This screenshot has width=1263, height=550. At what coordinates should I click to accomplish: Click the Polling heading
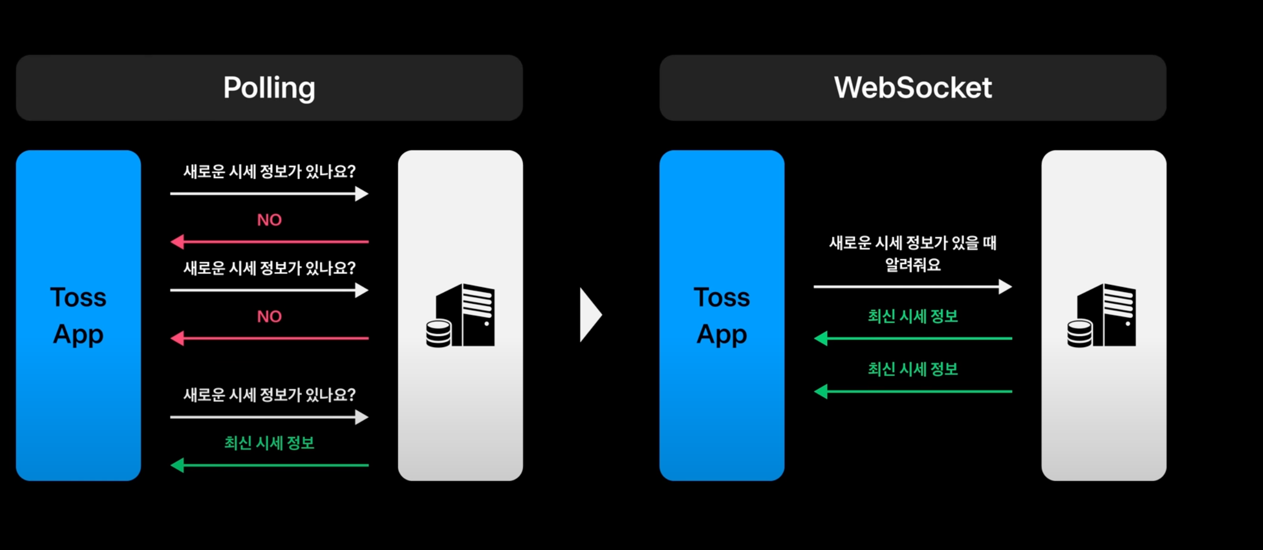click(269, 88)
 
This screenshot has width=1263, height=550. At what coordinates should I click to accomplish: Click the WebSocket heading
click(913, 88)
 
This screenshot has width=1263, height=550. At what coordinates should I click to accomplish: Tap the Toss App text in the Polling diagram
click(78, 315)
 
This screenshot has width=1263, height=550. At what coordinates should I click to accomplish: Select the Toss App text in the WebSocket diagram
click(721, 315)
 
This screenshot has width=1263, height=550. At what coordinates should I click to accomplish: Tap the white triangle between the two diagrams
click(590, 315)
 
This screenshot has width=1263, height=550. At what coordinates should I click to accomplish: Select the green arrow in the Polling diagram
click(269, 465)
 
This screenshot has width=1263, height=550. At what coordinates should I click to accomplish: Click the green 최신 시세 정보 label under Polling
click(269, 443)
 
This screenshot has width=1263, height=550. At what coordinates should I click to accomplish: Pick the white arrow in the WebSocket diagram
click(913, 287)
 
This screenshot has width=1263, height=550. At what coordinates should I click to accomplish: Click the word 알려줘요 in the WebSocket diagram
click(913, 265)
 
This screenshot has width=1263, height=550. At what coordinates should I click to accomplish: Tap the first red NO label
click(269, 220)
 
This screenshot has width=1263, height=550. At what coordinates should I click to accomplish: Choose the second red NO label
click(269, 316)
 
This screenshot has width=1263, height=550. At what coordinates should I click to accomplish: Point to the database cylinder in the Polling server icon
click(439, 333)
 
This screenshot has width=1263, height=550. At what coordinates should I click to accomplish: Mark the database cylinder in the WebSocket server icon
click(1080, 333)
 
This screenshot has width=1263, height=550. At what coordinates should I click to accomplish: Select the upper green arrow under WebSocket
click(913, 338)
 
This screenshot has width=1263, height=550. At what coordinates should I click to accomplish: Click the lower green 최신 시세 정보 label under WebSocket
click(913, 369)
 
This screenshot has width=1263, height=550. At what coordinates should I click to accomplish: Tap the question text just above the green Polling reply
click(269, 395)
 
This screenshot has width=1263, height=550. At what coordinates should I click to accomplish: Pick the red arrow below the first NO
click(269, 241)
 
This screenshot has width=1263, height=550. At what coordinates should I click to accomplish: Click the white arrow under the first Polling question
click(269, 193)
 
